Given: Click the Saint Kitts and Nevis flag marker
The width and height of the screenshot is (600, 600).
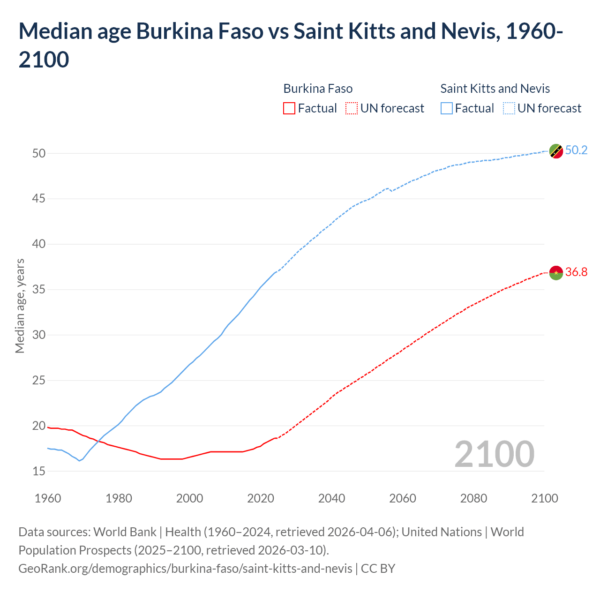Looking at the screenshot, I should point(556,151).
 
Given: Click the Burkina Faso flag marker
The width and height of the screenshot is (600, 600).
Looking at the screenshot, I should point(556,273).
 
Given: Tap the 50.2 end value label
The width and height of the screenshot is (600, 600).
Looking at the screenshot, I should point(576,150).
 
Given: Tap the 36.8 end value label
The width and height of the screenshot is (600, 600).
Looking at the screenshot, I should point(576,272).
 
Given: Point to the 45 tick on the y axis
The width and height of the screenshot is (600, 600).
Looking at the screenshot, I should point(39,199).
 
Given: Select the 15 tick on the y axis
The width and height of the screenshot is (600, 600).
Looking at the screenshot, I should point(39,471).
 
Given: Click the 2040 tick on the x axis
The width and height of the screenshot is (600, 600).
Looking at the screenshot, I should point(331,498).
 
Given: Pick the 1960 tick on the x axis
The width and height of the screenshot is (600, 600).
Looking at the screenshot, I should point(48,498).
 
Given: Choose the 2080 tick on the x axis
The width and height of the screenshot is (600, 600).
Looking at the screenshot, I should point(473,498).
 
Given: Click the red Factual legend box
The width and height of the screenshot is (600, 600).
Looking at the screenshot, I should point(289,108).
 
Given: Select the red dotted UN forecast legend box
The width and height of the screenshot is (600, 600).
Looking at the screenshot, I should point(352,108).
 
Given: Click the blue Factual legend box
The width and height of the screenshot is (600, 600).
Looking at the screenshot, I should point(447,108).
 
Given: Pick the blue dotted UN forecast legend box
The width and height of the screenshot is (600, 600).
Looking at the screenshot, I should point(509,108).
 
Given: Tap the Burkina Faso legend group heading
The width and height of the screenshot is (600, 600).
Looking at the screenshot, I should point(318,89).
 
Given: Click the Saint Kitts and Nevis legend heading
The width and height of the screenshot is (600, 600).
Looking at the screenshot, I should point(495,89).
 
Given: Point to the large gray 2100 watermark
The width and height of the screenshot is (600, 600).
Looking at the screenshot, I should point(494,454).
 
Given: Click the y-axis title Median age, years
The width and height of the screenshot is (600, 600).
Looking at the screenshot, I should point(20,306).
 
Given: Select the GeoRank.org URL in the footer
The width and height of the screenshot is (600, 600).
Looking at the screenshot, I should point(185,569).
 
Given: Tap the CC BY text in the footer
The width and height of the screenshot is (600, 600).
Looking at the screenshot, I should point(378,569).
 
